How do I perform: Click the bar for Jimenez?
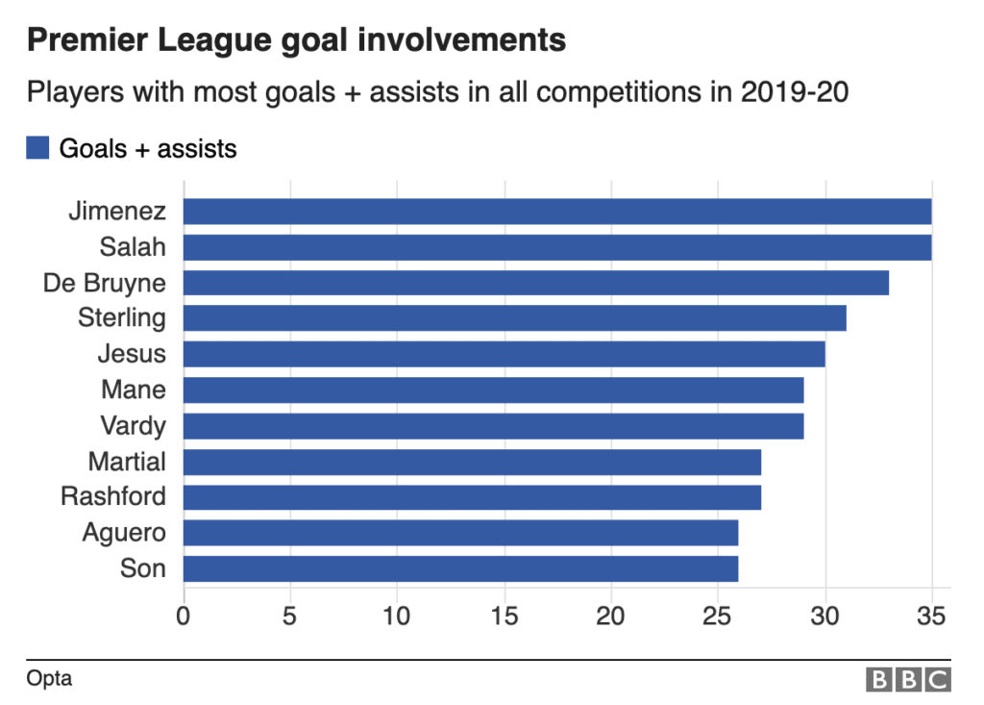557,212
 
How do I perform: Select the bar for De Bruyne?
536,283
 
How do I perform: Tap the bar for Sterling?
515,318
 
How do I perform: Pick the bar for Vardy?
493,426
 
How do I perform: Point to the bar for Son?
460,568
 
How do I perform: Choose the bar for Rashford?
472,497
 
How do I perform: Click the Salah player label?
133,247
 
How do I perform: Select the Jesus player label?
132,354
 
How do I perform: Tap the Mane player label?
134,390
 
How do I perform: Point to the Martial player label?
127,462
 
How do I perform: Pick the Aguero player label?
124,533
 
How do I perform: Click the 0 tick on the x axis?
184,615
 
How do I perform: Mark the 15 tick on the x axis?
504,615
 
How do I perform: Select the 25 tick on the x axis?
718,615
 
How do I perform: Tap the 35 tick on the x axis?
931,615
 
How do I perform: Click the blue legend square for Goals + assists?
38,148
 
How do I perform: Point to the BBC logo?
908,680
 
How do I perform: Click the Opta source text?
49,679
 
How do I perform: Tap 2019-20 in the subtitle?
794,93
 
